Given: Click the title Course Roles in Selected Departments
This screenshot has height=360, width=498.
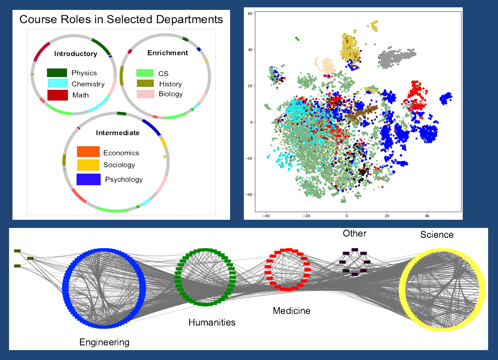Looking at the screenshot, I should (121, 20).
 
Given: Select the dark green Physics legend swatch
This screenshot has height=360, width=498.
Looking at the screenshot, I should (57, 73).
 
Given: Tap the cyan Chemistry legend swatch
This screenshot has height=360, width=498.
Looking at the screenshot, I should (58, 83).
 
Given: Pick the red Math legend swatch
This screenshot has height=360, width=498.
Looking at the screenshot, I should (58, 95).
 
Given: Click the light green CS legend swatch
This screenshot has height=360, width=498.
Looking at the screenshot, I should (145, 73).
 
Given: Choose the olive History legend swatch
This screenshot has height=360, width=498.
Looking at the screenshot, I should (145, 83).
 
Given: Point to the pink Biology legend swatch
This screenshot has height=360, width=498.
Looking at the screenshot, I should (145, 94).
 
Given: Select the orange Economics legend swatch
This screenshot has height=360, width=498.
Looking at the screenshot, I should (88, 152).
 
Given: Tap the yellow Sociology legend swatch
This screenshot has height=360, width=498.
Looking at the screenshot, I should (88, 165).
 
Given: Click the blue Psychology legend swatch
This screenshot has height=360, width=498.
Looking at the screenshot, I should (88, 179).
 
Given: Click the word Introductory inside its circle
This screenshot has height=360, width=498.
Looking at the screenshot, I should (75, 54).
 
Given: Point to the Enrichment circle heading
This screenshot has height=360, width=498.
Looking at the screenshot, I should (168, 53).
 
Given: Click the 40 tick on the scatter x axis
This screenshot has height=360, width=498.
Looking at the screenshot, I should (427, 216).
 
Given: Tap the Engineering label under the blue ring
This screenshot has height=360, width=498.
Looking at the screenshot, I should (104, 342).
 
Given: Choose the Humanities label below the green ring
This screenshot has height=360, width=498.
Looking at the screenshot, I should (212, 322).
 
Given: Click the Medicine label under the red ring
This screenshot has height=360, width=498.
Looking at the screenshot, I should (292, 311).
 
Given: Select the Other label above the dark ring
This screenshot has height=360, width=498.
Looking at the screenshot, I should (354, 234).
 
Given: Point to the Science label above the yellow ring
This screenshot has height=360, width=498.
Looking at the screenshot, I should (437, 234).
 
